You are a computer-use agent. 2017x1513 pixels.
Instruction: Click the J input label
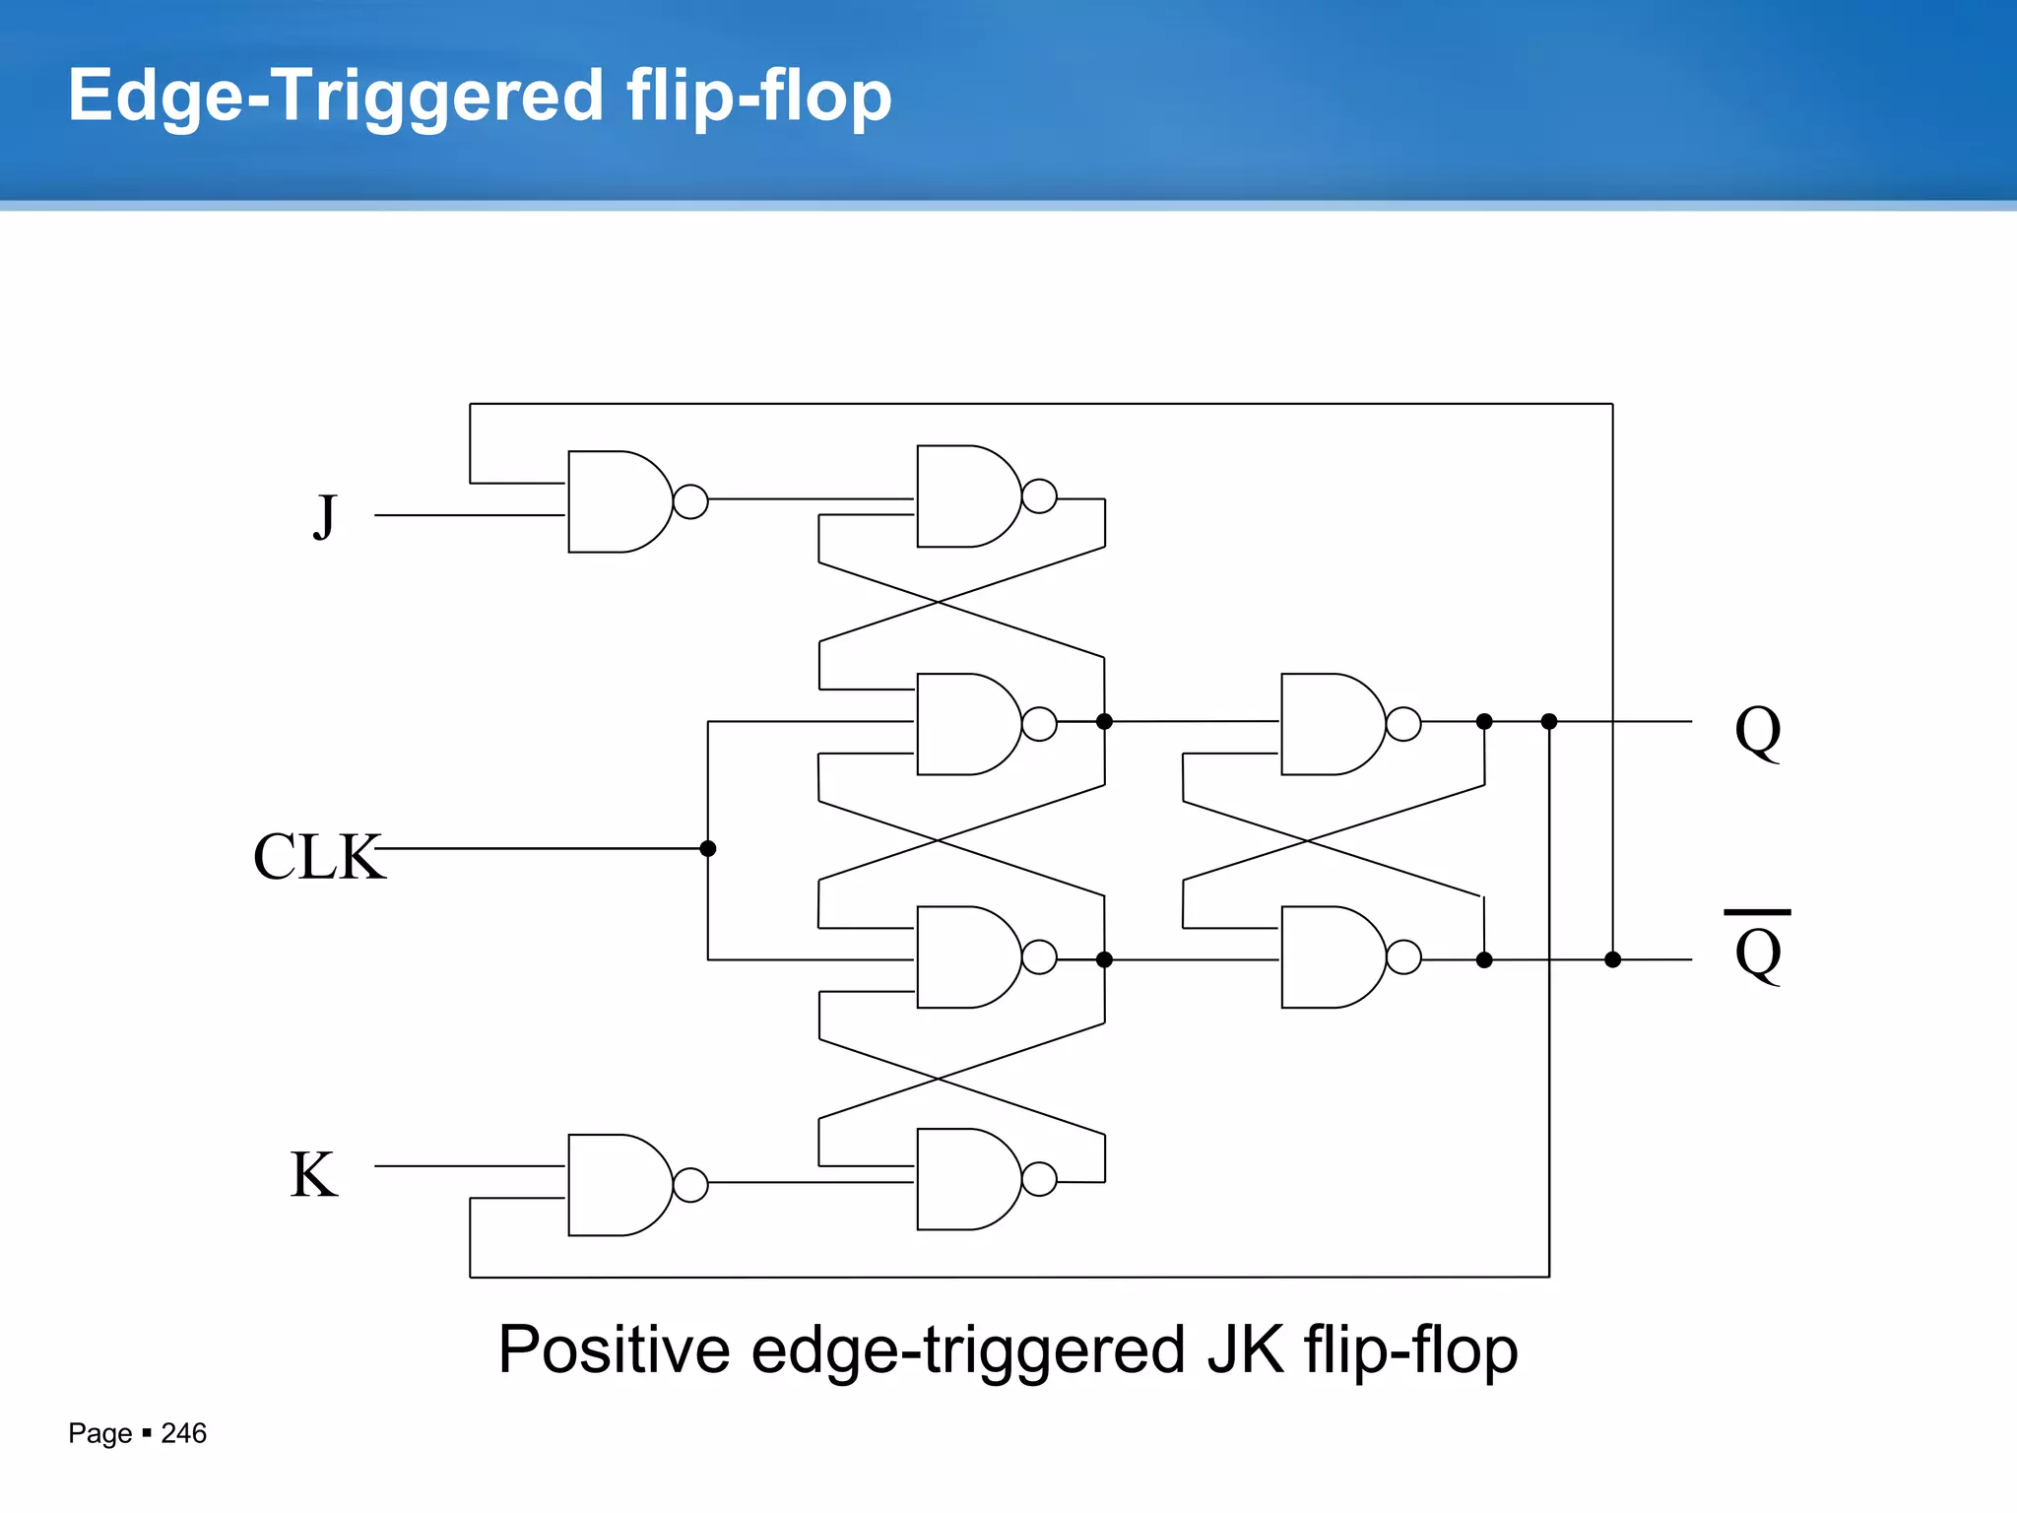(x=325, y=516)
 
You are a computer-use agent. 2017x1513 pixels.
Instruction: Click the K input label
(x=313, y=1174)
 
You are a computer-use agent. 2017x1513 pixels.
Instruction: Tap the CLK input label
(x=317, y=856)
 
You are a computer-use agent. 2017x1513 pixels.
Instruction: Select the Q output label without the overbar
(x=1757, y=732)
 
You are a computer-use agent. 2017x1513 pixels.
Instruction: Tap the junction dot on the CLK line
(x=707, y=848)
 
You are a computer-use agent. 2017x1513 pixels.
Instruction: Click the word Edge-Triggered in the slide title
(x=335, y=96)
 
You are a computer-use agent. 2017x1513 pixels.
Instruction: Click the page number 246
(x=183, y=1433)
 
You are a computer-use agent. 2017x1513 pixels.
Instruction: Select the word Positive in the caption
(x=614, y=1349)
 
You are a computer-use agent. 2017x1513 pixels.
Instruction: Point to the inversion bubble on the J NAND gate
(x=690, y=501)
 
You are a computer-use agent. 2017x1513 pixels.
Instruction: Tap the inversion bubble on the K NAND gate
(x=690, y=1185)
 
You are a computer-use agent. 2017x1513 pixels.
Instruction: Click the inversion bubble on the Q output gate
(x=1403, y=724)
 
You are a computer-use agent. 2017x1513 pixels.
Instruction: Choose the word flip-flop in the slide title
(x=758, y=96)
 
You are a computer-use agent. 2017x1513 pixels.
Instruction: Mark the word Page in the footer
(x=99, y=1433)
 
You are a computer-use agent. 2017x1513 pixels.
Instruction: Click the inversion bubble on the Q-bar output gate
(x=1403, y=956)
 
